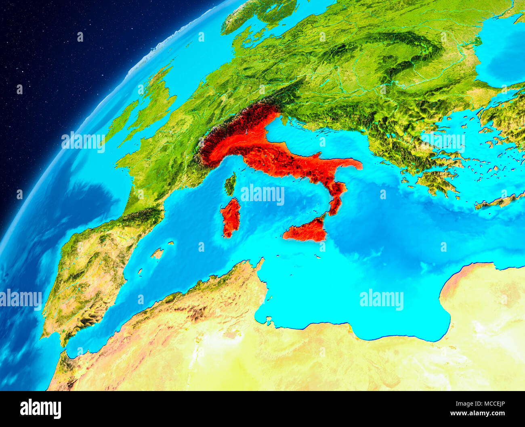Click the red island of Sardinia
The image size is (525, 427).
tap(231, 217)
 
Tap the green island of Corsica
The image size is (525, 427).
tap(230, 184)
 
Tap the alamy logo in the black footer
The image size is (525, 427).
tap(40, 408)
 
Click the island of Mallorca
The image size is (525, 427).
tap(157, 254)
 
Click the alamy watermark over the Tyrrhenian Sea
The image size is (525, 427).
tap(262, 194)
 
